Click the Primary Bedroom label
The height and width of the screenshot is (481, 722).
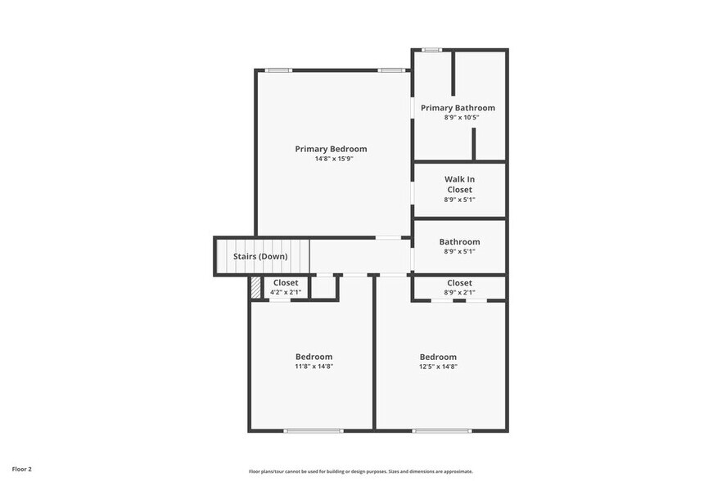coord(331,149)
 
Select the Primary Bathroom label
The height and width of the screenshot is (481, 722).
coord(458,108)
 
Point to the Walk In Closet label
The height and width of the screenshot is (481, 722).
coord(459,184)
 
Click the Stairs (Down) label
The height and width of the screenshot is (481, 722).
coord(260,257)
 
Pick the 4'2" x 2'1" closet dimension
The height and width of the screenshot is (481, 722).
coord(286,292)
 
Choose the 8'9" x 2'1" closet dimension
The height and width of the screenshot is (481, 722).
coord(459,292)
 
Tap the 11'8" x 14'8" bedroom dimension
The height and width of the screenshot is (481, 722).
coord(314,366)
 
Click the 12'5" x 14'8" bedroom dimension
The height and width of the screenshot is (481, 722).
coord(438,366)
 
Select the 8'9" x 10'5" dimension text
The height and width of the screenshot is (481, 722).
coord(461,118)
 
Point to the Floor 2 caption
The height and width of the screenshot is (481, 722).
coord(22,470)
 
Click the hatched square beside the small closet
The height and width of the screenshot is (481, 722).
coord(255,287)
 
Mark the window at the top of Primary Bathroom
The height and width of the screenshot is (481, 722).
coord(432,50)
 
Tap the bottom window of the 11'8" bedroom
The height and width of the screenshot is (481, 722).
coord(313,430)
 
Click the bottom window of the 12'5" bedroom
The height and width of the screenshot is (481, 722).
coord(441,430)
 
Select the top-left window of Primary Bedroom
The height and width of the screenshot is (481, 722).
coord(278,70)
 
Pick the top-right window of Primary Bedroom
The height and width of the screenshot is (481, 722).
coord(390,70)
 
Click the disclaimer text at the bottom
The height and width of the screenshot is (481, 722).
coord(361,471)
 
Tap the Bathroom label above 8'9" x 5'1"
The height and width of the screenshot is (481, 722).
coord(459,242)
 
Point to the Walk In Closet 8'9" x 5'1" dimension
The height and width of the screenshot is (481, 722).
coord(459,200)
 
